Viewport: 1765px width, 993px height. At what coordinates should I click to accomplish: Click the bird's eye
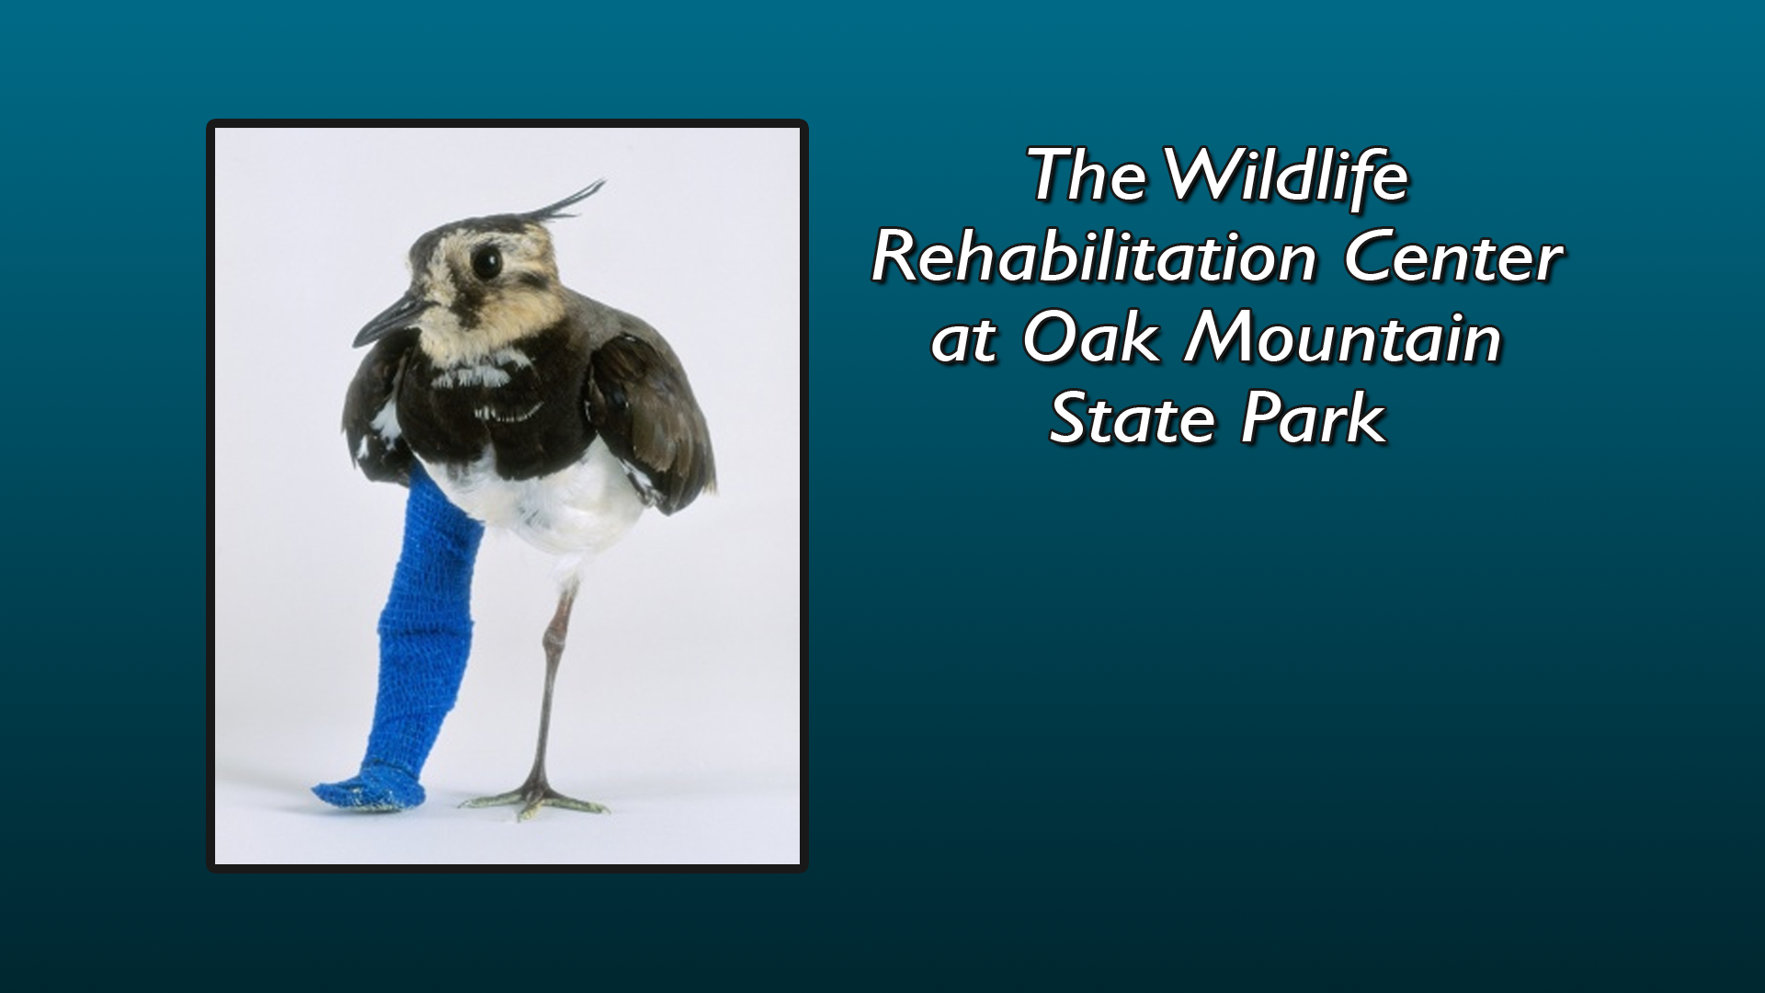point(487,263)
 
